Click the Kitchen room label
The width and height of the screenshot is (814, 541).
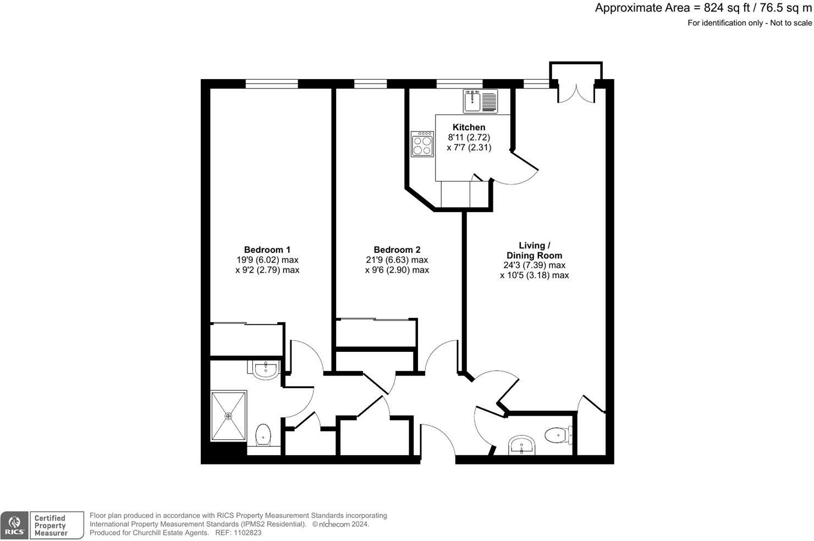[469, 128]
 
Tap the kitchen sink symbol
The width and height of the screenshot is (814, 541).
[480, 101]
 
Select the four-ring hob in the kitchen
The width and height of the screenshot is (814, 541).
[422, 144]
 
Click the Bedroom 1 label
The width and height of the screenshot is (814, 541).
[267, 250]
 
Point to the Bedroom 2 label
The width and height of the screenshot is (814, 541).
[397, 250]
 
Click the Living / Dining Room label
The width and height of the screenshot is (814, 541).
[534, 250]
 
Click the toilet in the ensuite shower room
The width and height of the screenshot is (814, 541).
[263, 435]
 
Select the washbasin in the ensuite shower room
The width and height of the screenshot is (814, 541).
[267, 369]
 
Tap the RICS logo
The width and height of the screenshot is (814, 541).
[14, 525]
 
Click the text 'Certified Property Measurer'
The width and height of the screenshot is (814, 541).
[50, 525]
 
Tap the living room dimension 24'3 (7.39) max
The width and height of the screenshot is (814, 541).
[534, 266]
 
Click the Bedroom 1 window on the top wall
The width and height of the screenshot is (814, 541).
[271, 84]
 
